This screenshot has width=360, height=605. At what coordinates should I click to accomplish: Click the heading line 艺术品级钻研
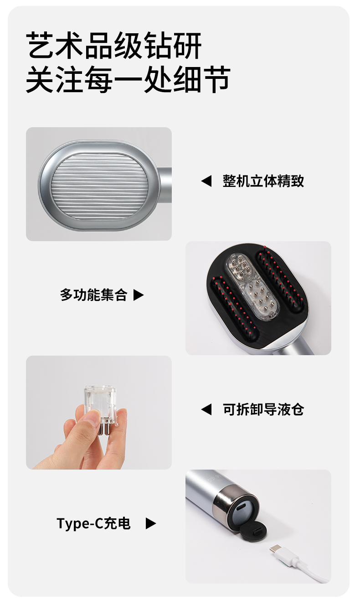(113, 46)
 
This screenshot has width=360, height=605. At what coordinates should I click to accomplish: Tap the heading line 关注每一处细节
(128, 80)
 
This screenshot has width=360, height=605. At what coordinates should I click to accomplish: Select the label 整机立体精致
(263, 181)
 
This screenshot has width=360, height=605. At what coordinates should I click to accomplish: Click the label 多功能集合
(93, 295)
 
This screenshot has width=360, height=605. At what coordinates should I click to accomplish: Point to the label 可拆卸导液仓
(263, 409)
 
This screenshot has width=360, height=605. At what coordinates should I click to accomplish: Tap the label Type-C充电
(93, 523)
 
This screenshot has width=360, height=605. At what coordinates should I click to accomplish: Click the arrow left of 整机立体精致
(206, 181)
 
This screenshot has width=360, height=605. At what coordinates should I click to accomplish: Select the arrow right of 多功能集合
(139, 295)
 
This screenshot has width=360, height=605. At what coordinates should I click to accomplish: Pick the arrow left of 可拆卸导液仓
(206, 409)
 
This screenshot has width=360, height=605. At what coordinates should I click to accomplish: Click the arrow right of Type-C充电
(151, 524)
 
